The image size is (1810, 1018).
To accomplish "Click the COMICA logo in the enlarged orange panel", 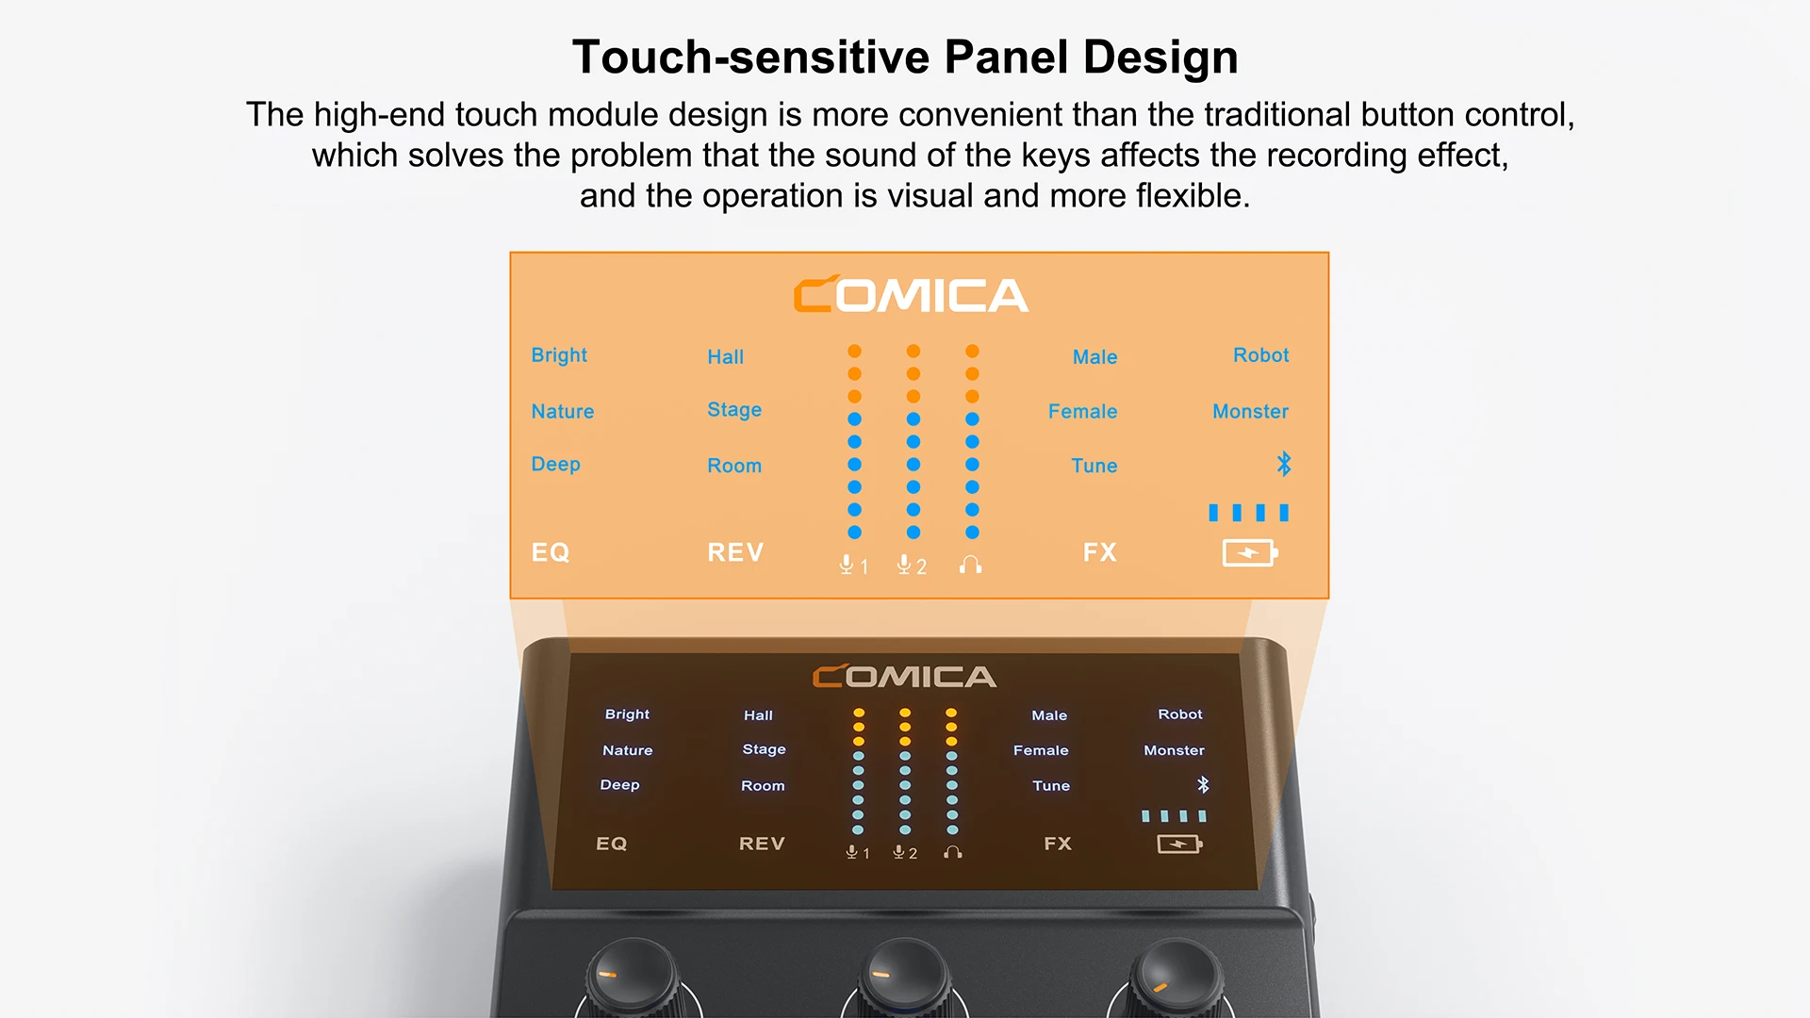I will (911, 295).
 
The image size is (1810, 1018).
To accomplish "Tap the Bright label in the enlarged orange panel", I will (559, 355).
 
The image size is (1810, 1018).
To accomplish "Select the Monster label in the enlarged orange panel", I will (1250, 411).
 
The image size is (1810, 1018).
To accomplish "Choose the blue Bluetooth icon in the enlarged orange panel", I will (1283, 464).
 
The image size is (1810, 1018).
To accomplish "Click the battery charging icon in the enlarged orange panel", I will (1249, 552).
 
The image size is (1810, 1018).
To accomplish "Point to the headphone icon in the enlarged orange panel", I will (970, 565).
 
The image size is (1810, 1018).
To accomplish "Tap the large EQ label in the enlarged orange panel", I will (551, 552).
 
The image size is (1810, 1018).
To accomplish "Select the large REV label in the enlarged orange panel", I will (735, 552).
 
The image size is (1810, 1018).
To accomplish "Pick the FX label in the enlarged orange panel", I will (1099, 552).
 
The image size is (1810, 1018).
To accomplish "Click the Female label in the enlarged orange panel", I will (1082, 411).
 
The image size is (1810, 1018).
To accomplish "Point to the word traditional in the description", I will (1248, 115).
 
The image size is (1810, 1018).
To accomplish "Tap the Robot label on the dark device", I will (1180, 714).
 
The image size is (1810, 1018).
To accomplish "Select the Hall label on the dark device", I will (758, 715).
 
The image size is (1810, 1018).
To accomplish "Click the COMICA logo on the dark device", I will (904, 677).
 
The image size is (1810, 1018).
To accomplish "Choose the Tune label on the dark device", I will (1051, 785).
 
